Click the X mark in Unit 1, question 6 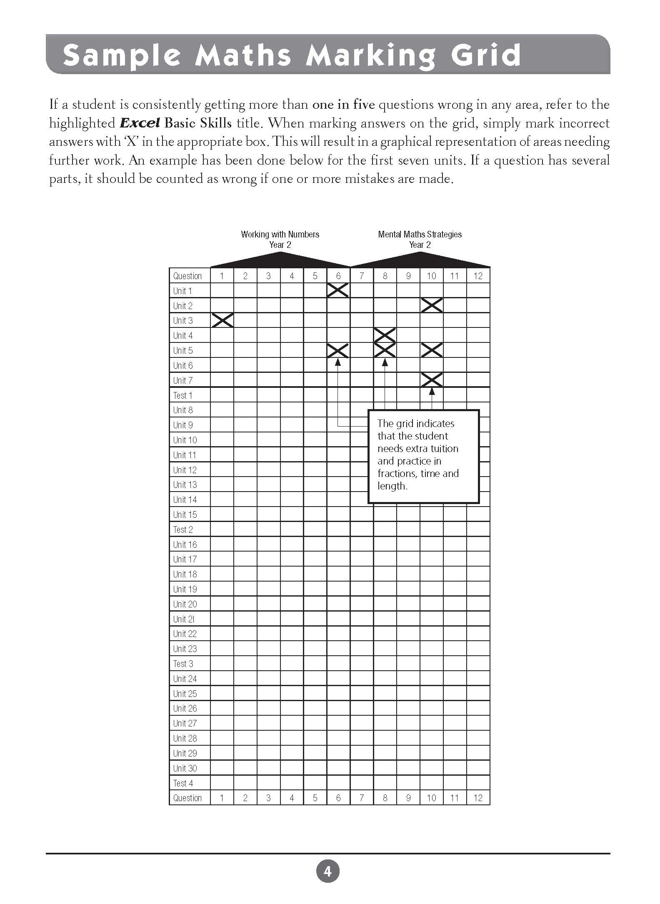click(x=338, y=290)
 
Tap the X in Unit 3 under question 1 click(x=222, y=320)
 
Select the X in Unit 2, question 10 click(x=432, y=305)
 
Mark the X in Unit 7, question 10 click(x=432, y=380)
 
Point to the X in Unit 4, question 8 click(x=385, y=335)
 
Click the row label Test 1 click(x=182, y=395)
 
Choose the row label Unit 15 click(x=185, y=514)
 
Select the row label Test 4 click(x=183, y=783)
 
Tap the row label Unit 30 click(x=185, y=768)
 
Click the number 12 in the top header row click(x=478, y=276)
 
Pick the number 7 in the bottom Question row click(x=362, y=798)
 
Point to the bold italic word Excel click(x=140, y=123)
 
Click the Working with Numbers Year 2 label click(x=280, y=240)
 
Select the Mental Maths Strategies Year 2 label click(x=420, y=240)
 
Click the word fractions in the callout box click(x=396, y=474)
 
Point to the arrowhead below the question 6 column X click(x=338, y=362)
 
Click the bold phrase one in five click(x=343, y=105)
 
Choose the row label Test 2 click(x=183, y=529)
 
